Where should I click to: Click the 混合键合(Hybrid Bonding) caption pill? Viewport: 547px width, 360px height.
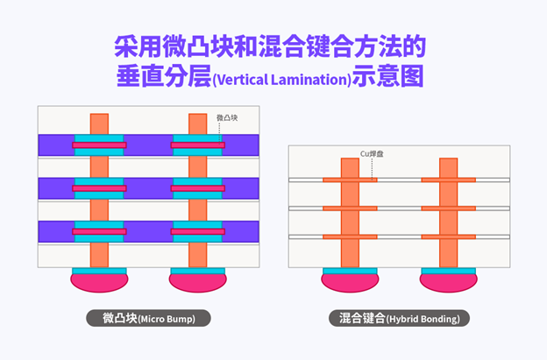tap(399, 318)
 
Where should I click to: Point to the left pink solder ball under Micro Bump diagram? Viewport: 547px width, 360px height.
tap(100, 281)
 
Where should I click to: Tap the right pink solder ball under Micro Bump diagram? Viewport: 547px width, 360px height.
tap(198, 281)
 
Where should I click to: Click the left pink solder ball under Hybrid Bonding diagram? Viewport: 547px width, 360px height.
tap(350, 281)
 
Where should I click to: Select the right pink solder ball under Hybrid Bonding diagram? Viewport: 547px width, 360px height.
tap(448, 281)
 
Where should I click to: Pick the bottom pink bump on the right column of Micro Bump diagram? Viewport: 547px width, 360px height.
tap(198, 231)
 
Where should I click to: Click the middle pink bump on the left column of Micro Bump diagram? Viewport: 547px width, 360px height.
tap(100, 188)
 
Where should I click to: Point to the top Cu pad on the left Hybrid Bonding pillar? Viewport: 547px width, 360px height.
tap(350, 180)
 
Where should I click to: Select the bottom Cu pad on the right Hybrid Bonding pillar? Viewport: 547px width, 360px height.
tap(448, 237)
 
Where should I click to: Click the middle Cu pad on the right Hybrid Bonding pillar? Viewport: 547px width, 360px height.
tap(448, 208)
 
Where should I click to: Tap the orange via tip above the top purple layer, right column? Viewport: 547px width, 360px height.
tap(198, 123)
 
